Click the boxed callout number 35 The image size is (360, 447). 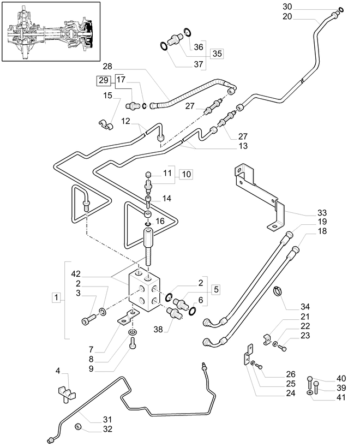tap(217, 53)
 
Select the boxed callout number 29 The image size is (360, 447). tap(104, 80)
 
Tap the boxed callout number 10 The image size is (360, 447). tap(186, 174)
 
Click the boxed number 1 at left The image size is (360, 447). tap(56, 297)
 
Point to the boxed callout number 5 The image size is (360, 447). tap(216, 290)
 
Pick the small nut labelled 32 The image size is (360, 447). tap(78, 427)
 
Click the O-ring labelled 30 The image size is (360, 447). tap(341, 10)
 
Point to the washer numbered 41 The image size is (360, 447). tap(310, 393)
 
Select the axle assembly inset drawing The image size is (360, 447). tap(51, 31)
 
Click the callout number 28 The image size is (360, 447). tap(107, 67)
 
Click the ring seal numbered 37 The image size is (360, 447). tap(164, 46)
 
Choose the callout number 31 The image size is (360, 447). tap(107, 419)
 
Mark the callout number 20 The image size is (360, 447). tap(287, 16)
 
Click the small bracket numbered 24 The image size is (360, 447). tap(247, 355)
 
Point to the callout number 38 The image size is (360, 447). tap(158, 330)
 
